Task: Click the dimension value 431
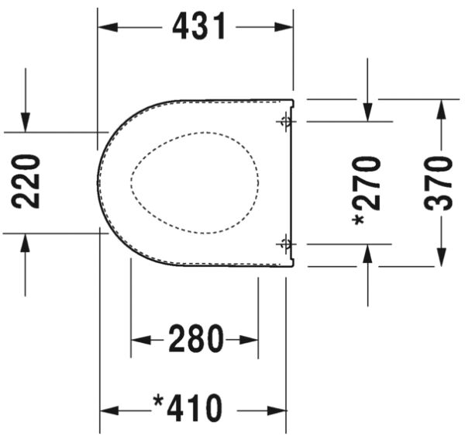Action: pos(199,27)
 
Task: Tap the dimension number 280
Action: pos(196,340)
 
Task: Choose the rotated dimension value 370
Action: pos(439,184)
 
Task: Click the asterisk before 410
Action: pos(159,403)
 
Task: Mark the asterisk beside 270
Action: pos(359,220)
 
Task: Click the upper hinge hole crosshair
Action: pos(285,122)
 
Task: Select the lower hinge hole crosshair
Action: pos(285,244)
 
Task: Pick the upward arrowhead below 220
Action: pos(26,243)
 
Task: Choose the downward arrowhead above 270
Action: pos(368,112)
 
